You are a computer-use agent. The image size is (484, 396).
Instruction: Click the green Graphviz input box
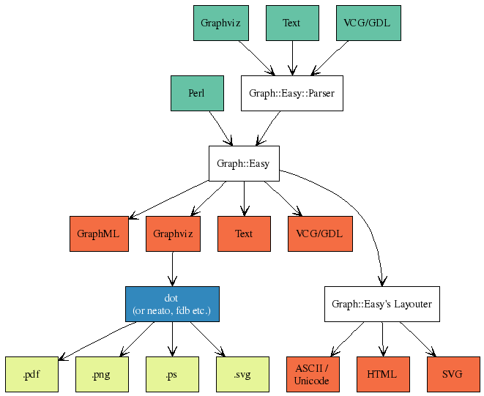222,23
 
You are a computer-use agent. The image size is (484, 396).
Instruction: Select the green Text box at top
292,23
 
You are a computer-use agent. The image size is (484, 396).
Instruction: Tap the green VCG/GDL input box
368,23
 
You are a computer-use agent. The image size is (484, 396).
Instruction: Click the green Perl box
196,93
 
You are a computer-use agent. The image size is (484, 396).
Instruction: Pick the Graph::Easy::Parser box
291,93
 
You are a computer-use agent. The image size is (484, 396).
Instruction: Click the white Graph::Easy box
244,163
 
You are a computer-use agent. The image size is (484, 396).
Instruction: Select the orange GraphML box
99,234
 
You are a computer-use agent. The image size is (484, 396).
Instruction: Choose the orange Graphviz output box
173,234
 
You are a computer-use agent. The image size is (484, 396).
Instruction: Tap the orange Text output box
244,234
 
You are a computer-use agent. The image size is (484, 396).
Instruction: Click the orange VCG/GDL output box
319,234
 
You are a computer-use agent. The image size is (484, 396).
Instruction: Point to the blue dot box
172,304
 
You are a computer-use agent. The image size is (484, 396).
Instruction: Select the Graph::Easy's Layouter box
381,304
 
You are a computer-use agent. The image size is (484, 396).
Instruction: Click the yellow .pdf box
31,374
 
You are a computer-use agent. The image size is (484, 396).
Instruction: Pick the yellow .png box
102,374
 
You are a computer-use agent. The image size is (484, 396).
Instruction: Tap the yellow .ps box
172,374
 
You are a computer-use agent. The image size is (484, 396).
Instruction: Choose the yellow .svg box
242,374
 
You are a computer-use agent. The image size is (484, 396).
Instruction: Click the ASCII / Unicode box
311,374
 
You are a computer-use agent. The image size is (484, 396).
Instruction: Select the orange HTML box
381,374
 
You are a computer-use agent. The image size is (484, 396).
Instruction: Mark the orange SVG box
453,374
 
